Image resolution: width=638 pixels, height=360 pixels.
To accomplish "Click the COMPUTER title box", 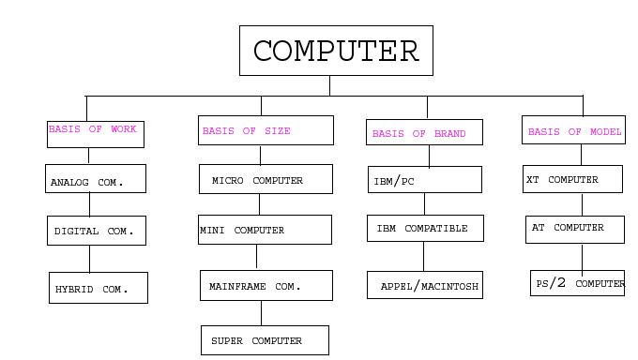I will tap(336, 51).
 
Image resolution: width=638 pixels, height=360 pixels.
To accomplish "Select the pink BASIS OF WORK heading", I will tap(92, 129).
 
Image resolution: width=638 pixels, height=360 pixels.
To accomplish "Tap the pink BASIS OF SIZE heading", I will tap(246, 131).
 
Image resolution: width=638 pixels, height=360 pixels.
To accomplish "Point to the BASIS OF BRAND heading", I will tap(418, 134).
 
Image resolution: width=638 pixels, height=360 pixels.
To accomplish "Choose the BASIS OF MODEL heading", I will tap(574, 132).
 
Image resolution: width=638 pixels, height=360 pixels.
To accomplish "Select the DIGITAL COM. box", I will tap(96, 231).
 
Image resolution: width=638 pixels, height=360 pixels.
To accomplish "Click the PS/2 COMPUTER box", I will tap(577, 283).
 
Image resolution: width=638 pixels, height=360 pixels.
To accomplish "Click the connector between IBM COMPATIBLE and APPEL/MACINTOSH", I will tap(423, 256).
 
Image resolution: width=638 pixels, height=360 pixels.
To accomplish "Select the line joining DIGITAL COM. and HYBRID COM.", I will tap(90, 259).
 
